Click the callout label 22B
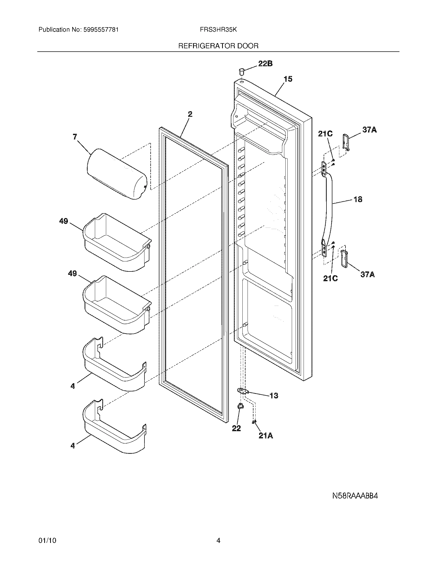[265, 64]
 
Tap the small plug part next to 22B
[241, 71]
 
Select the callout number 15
[288, 79]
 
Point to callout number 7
[75, 137]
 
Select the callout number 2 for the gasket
[190, 114]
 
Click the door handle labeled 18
[329, 204]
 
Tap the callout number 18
[358, 199]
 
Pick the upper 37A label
[369, 130]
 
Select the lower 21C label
[330, 278]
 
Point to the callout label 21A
[266, 436]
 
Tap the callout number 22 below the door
[236, 428]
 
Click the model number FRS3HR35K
[218, 30]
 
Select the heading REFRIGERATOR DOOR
[218, 46]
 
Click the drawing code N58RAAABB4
[355, 496]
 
